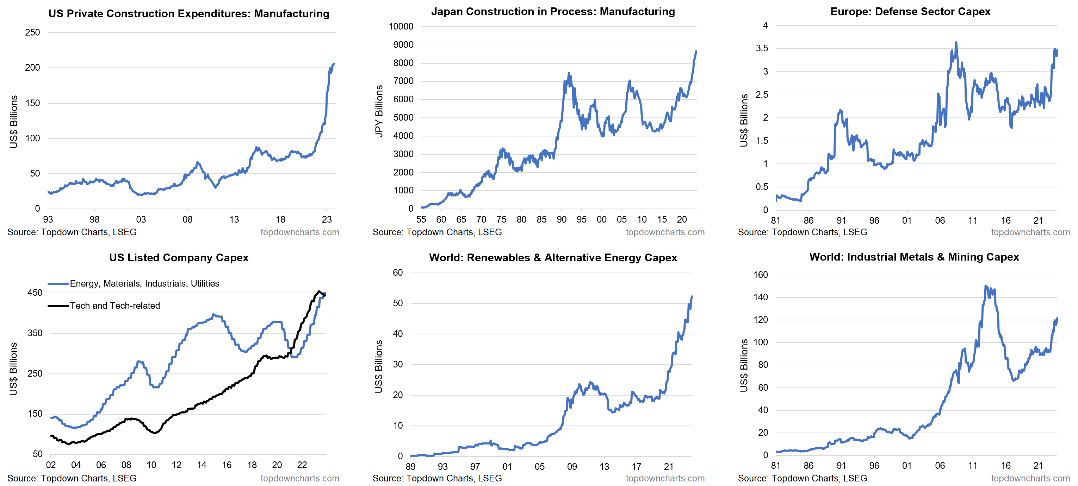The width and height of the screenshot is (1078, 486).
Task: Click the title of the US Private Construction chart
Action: coord(189,13)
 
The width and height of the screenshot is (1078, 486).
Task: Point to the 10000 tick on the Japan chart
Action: coord(401,26)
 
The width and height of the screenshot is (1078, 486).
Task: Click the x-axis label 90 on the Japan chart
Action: coord(561,219)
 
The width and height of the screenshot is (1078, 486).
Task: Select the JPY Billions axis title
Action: coord(379,111)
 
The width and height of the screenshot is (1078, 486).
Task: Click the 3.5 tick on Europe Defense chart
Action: coord(762,48)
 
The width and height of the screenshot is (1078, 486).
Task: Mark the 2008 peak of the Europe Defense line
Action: coord(956,42)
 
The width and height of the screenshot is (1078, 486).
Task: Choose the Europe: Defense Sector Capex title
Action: coord(910,11)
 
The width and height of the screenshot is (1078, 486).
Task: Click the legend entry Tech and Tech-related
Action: coord(114,306)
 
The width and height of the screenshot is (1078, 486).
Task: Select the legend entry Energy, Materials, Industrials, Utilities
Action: coord(144,283)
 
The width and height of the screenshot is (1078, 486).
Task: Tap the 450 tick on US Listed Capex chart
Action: coord(35,293)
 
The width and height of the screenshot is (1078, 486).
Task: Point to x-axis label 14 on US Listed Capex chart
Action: coord(201,465)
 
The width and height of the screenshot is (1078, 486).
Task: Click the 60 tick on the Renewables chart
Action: coord(397,273)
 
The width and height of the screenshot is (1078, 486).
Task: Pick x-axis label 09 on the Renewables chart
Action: coord(572,466)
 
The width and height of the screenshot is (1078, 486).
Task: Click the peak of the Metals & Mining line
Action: coord(985,286)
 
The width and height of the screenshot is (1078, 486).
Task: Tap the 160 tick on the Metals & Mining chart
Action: coord(760,275)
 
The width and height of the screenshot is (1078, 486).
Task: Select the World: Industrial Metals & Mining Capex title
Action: coord(914,257)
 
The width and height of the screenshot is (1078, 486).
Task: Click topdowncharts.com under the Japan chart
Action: coord(665,232)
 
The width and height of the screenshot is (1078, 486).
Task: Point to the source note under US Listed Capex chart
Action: coord(72,478)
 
